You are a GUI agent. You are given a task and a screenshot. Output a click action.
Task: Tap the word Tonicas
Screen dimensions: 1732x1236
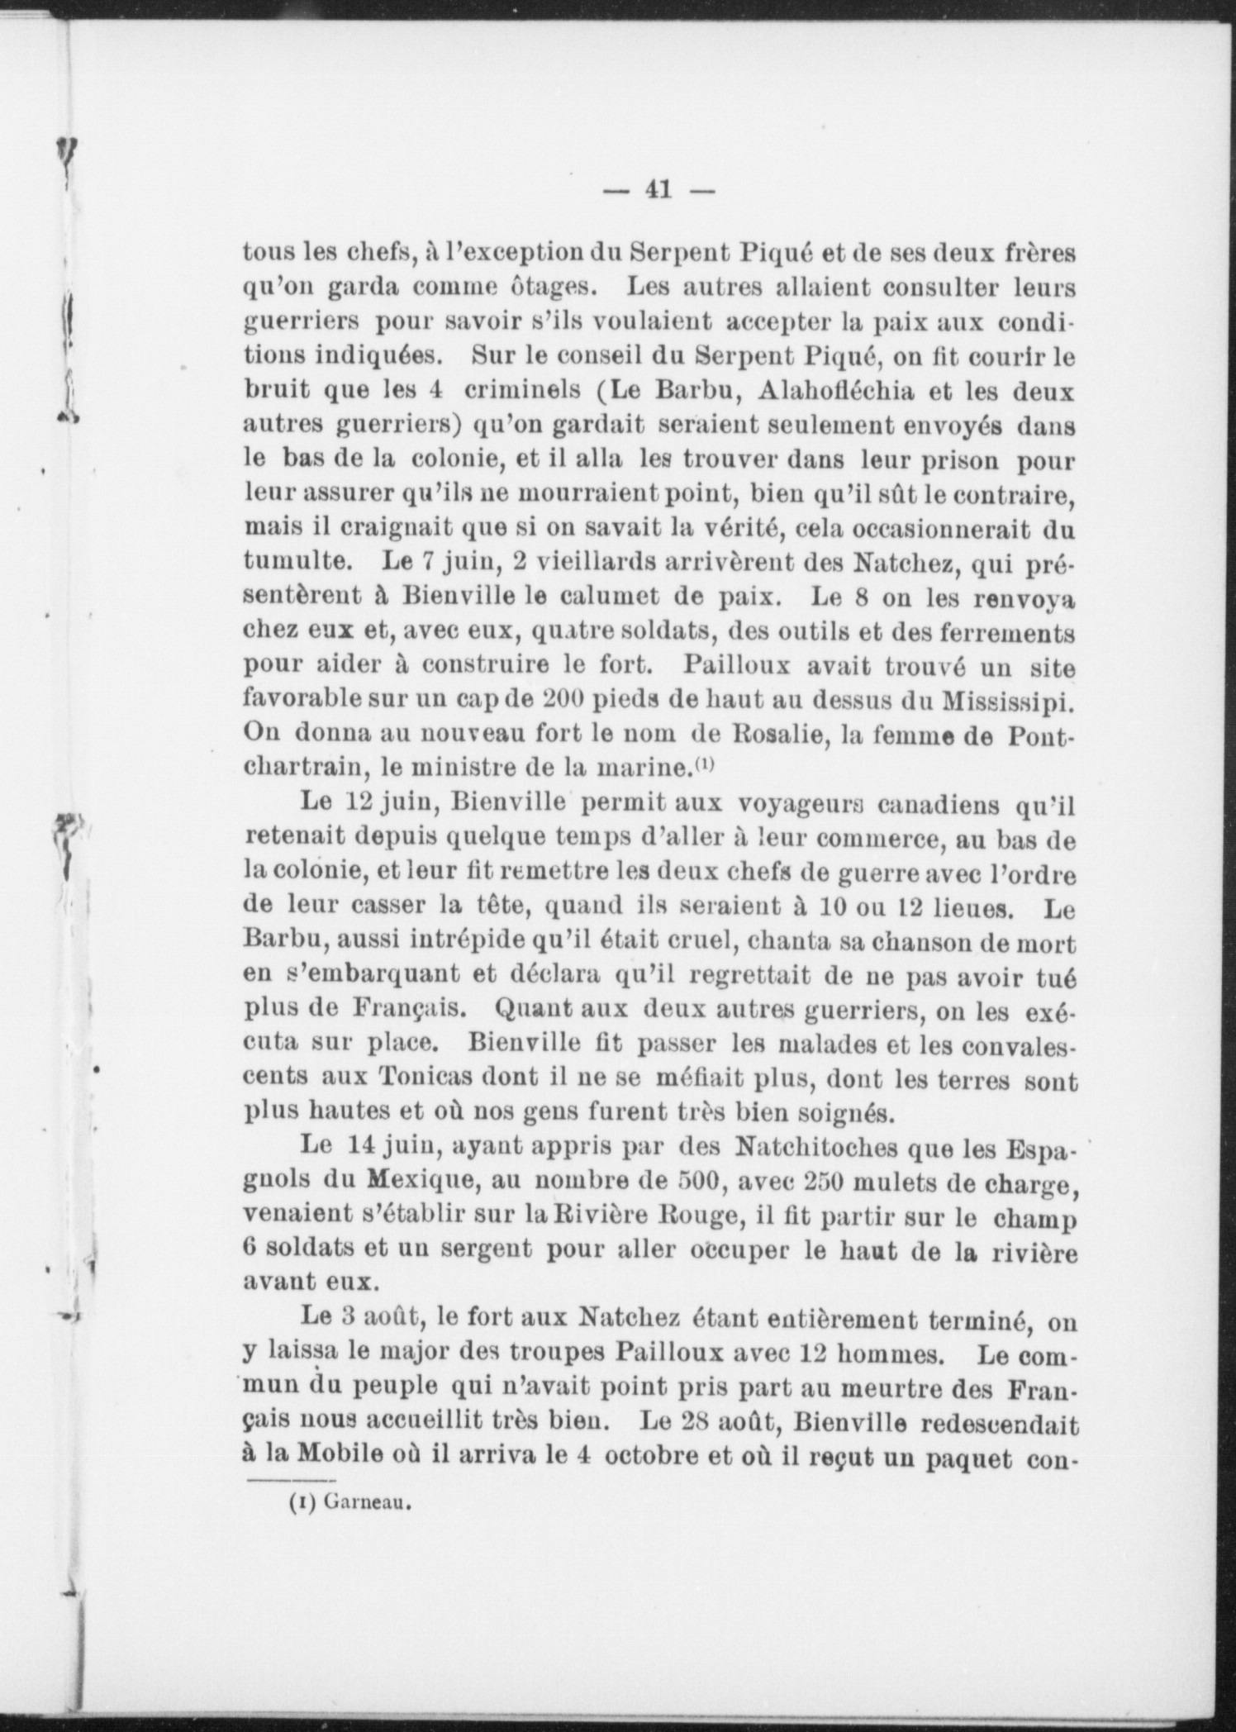point(420,1078)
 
